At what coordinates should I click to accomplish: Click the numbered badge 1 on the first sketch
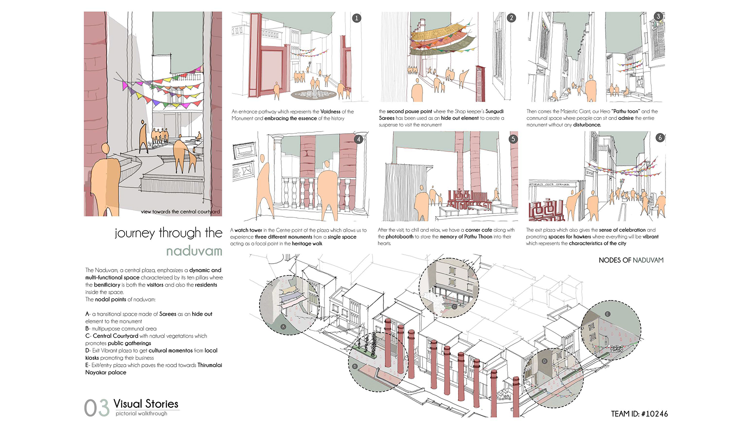pos(356,18)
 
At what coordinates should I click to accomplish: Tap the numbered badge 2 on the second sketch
pos(512,18)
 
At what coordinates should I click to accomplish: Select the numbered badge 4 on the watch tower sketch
pos(359,139)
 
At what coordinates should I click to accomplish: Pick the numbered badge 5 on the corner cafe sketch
pos(513,139)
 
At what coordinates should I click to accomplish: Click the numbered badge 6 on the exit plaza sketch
pos(660,137)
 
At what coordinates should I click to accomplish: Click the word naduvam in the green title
pos(194,251)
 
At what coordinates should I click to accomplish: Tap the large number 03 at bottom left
pos(96,408)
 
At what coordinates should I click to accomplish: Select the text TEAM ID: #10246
pos(639,414)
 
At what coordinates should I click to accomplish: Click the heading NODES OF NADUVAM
pos(631,260)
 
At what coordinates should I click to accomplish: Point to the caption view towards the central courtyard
pos(180,211)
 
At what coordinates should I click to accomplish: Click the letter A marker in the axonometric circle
pos(283,327)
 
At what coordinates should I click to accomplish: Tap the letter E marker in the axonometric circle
pos(607,314)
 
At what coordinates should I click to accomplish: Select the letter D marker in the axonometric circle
pos(544,361)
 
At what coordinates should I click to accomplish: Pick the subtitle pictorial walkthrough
pos(141,414)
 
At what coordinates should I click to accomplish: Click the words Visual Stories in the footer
pos(146,404)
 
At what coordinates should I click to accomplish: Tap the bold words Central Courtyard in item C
pos(115,336)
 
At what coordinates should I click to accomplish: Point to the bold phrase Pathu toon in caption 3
pos(625,112)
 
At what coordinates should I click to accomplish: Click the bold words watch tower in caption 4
pos(248,230)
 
